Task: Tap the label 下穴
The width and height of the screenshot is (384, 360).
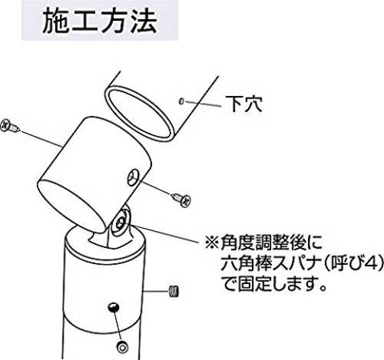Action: (x=243, y=104)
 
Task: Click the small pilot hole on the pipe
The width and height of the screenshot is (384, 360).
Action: (x=181, y=101)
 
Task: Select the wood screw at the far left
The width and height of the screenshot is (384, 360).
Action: (x=10, y=126)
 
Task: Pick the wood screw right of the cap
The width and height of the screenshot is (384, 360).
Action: (x=181, y=200)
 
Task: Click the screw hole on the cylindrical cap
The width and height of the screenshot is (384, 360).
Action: (x=134, y=177)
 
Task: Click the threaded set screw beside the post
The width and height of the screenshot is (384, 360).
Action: (x=174, y=292)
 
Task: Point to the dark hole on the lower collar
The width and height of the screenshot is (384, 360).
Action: (x=114, y=307)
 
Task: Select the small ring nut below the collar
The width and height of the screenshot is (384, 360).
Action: (x=123, y=346)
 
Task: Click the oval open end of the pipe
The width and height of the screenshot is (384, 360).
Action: (x=138, y=114)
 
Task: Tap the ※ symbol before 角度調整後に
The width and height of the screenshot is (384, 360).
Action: (x=212, y=243)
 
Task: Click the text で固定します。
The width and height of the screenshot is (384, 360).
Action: (x=273, y=283)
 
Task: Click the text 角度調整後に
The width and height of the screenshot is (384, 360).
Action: (x=271, y=243)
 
